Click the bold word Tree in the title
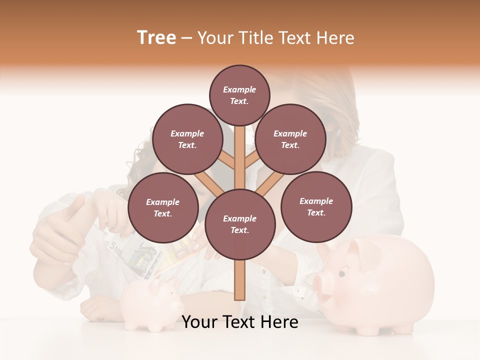pyautogui.click(x=156, y=38)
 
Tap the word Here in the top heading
pyautogui.click(x=335, y=38)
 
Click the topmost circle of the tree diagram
pyautogui.click(x=239, y=95)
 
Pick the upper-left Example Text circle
pyautogui.click(x=187, y=139)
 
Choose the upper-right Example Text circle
pyautogui.click(x=290, y=139)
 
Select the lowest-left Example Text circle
pyautogui.click(x=163, y=207)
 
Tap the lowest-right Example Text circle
pyautogui.click(x=316, y=206)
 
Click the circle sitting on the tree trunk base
pyautogui.click(x=240, y=224)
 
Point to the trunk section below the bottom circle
pyautogui.click(x=240, y=280)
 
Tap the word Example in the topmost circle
pyautogui.click(x=239, y=90)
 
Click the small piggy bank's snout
pyautogui.click(x=178, y=305)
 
